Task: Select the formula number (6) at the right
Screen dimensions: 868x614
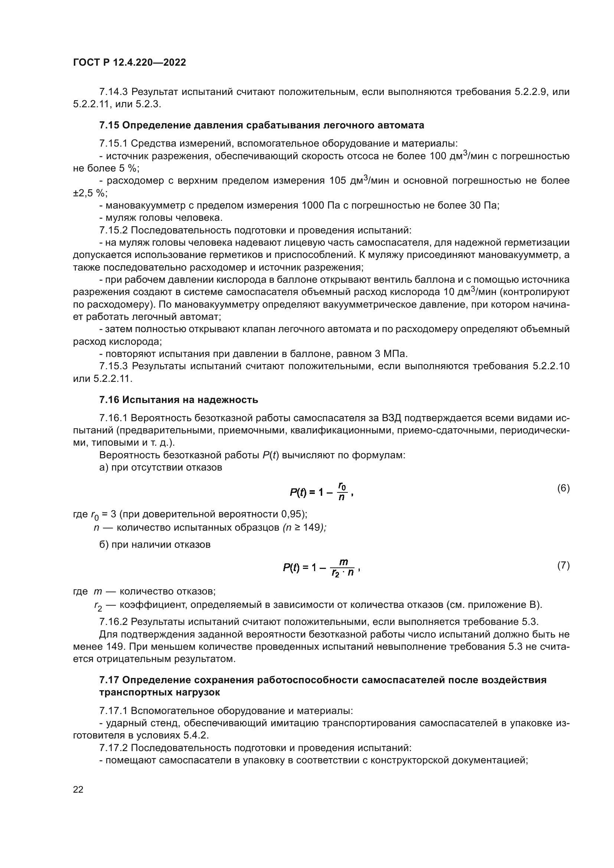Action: tap(563, 488)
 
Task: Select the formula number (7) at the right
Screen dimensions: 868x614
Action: tap(563, 566)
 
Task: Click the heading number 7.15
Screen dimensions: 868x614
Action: tap(109, 125)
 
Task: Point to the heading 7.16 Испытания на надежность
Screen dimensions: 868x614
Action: tap(179, 400)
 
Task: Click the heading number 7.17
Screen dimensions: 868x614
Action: tap(109, 680)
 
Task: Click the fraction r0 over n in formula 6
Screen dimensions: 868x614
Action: tap(342, 491)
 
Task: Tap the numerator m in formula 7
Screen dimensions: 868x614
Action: tap(343, 562)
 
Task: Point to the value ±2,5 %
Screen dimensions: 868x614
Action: tap(89, 193)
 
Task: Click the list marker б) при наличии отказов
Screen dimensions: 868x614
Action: tap(104, 545)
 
